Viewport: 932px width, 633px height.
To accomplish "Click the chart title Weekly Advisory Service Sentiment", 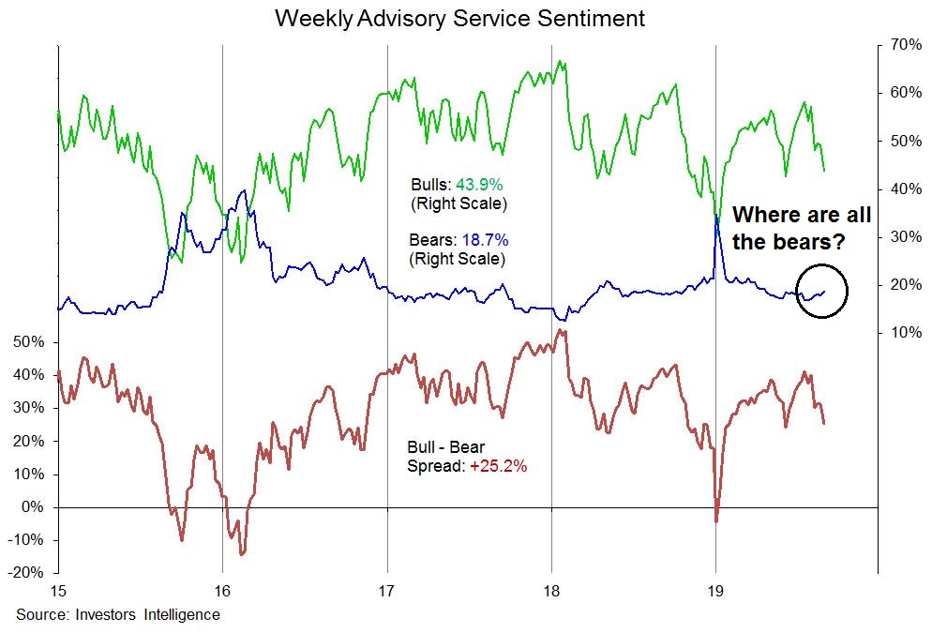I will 459,19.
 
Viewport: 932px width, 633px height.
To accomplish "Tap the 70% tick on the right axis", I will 900,44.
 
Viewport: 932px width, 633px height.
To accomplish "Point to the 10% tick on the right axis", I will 900,333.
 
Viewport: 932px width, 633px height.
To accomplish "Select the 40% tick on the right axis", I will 900,188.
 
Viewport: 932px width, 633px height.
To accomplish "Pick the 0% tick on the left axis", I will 33,507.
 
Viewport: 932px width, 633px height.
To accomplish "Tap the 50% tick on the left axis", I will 29,342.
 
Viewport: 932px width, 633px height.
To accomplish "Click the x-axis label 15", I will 58,592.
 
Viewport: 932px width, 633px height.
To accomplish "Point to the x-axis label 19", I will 716,592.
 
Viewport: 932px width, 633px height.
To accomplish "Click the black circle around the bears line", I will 821,291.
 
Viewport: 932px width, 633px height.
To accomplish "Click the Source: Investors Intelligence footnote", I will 117,615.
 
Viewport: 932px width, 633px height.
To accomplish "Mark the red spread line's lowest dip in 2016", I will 242,553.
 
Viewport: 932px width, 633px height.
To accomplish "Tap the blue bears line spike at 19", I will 717,217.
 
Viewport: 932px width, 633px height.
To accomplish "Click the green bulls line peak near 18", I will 560,62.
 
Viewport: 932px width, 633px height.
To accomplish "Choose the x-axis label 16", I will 222,592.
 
